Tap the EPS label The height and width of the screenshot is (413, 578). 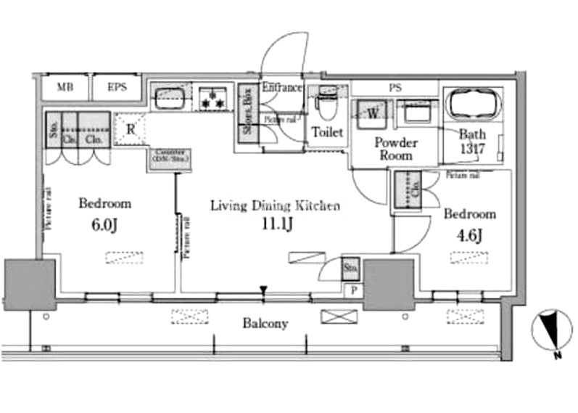coord(117,88)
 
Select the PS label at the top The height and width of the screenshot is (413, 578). coord(395,88)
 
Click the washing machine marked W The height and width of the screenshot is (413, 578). coord(372,113)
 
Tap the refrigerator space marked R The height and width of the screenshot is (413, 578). coord(131,129)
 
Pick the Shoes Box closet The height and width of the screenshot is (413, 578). coord(247,120)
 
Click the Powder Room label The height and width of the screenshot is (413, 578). coord(395,148)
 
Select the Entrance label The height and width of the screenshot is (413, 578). coord(281,88)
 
